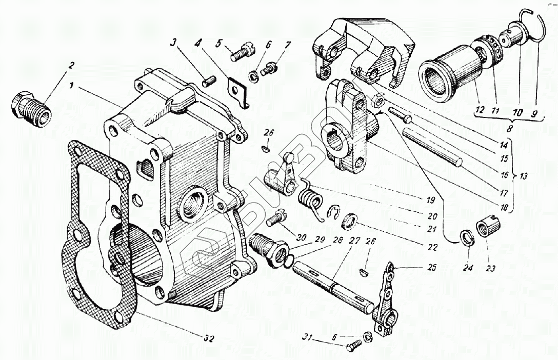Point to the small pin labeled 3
pyautogui.click(x=208, y=81)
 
